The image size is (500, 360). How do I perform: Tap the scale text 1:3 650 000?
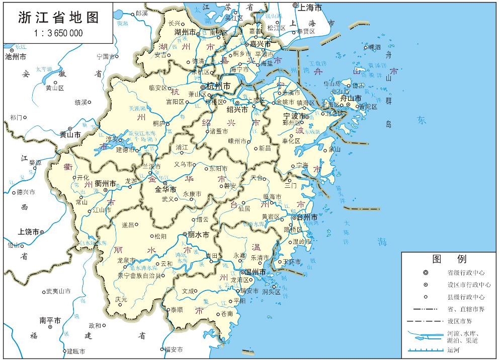coord(58,33)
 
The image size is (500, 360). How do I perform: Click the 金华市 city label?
coord(165,190)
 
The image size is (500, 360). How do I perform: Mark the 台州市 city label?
coord(307,218)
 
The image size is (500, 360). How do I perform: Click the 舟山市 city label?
coord(351,98)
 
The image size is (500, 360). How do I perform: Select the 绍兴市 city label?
coord(237,109)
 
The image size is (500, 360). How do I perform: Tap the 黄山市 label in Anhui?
coord(70,134)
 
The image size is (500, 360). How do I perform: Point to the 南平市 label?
coord(50,320)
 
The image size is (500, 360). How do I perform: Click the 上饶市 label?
coord(29,232)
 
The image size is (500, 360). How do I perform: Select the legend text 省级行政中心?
coord(466,273)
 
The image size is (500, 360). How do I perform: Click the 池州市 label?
coord(16,57)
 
